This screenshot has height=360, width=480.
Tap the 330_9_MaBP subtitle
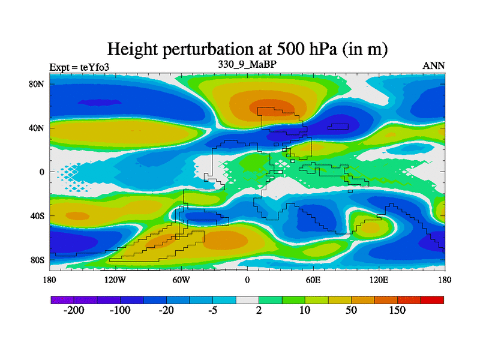click(x=247, y=63)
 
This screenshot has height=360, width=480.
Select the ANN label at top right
click(x=434, y=66)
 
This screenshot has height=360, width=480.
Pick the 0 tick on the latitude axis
click(x=42, y=172)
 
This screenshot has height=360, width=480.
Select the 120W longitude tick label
click(x=115, y=280)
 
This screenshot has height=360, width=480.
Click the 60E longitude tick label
click(x=313, y=280)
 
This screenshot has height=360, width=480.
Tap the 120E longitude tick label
click(x=379, y=280)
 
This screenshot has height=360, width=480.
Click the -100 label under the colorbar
click(x=120, y=311)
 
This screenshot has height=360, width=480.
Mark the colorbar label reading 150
click(x=397, y=311)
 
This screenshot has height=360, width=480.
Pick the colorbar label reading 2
click(x=259, y=311)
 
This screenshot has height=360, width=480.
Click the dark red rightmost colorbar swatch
click(x=432, y=299)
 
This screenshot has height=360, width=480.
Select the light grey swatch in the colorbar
click(x=247, y=299)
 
